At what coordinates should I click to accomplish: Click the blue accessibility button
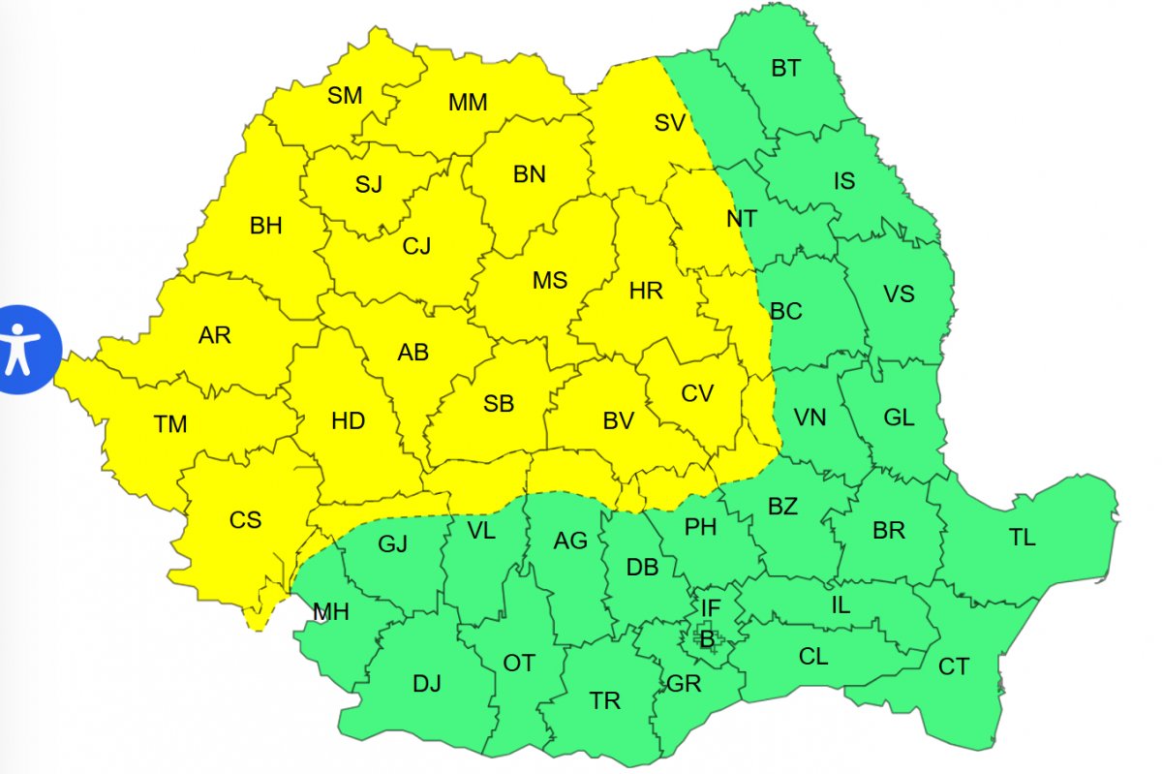(x=21, y=350)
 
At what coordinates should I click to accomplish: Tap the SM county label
(x=345, y=96)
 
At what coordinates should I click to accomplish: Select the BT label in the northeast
(x=786, y=69)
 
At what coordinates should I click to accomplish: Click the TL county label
(x=1023, y=538)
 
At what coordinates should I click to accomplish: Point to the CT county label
(x=954, y=667)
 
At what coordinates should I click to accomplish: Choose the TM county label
(x=170, y=424)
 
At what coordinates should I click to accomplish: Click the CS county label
(x=245, y=520)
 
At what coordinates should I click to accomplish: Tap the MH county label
(x=331, y=612)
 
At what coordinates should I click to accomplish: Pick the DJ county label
(x=426, y=684)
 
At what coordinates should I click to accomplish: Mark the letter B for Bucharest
(x=707, y=638)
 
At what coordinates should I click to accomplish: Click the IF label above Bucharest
(x=711, y=607)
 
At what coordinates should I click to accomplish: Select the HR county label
(x=646, y=290)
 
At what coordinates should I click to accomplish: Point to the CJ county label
(x=416, y=246)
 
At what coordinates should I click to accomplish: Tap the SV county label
(x=669, y=123)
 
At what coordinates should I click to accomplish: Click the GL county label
(x=899, y=418)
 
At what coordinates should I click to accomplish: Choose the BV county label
(x=618, y=420)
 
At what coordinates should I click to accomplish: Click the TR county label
(x=605, y=700)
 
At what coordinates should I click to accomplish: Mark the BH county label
(x=265, y=227)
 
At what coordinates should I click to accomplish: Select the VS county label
(x=899, y=294)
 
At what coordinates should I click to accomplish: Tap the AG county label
(x=570, y=541)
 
